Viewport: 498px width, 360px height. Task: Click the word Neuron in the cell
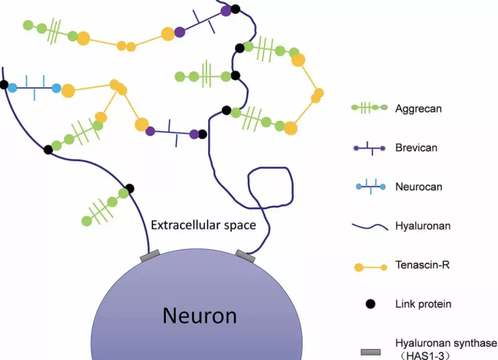[200, 316]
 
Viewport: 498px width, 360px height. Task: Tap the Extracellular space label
[203, 225]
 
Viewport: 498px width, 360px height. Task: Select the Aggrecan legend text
[418, 109]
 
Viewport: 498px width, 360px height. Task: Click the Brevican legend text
[416, 148]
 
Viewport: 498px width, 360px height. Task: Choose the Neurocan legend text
[418, 187]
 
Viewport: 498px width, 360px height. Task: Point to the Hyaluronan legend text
[422, 226]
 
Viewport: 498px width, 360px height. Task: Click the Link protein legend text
[423, 304]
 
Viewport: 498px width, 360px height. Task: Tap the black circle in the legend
[370, 304]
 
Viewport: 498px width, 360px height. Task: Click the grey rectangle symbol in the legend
[370, 352]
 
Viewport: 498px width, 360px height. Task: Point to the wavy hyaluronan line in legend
[370, 227]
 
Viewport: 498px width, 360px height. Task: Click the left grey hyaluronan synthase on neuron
[150, 255]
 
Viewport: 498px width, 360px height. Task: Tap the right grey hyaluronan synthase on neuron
[245, 255]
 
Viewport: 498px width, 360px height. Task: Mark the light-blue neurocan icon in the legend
[370, 187]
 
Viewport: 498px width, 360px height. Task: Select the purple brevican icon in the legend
[369, 148]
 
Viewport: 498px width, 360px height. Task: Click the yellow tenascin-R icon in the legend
[370, 267]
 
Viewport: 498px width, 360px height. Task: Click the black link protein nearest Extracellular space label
[130, 188]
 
